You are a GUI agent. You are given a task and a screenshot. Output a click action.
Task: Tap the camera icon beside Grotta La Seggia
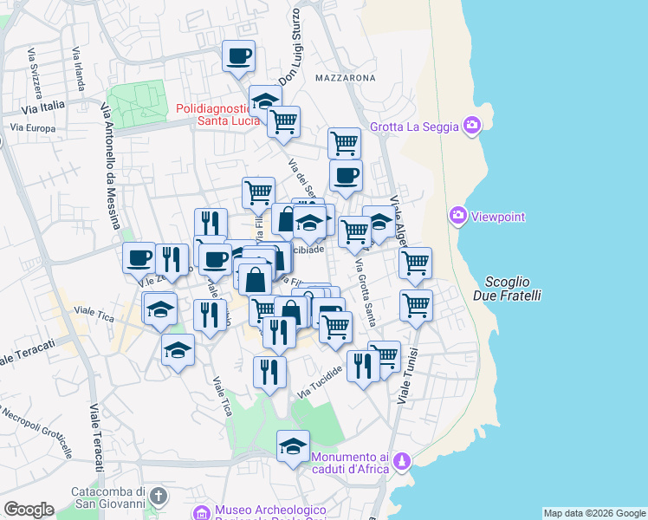tap(472, 127)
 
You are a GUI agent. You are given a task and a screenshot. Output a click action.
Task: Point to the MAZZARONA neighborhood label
tap(346, 78)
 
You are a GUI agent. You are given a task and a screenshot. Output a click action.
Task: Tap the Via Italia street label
tap(43, 107)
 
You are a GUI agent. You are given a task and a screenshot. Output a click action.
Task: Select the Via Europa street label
tap(33, 128)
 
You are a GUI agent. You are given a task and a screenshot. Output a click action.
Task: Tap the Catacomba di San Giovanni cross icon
tap(157, 496)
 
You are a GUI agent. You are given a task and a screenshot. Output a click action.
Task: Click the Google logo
tap(29, 510)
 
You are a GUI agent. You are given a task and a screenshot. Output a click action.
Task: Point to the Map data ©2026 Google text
tap(594, 513)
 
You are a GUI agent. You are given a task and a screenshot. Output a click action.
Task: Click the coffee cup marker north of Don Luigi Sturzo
tap(238, 57)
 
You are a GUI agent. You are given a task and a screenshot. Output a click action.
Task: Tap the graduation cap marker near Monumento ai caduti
tap(294, 446)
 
